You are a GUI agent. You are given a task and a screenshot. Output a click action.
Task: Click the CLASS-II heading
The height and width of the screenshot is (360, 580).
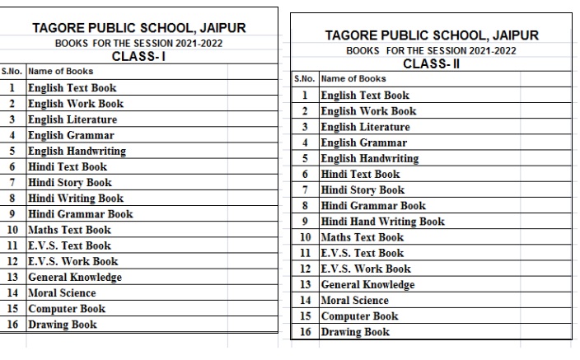click(431, 63)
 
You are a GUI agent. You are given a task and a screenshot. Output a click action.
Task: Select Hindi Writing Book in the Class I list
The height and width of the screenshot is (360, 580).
click(76, 198)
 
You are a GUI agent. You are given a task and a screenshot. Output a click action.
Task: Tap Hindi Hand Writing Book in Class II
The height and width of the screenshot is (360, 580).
click(382, 221)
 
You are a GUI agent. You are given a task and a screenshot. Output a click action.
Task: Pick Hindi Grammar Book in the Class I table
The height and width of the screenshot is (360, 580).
click(80, 213)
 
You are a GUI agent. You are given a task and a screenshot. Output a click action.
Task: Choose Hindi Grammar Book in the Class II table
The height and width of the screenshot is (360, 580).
click(373, 205)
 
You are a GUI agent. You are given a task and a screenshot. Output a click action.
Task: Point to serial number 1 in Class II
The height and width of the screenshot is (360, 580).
click(304, 96)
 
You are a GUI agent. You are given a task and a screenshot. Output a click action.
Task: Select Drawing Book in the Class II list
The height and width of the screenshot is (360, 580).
click(355, 332)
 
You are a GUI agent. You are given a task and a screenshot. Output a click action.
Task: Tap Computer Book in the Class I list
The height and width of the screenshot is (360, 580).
click(67, 309)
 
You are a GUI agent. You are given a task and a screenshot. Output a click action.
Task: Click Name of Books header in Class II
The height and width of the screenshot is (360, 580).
click(353, 79)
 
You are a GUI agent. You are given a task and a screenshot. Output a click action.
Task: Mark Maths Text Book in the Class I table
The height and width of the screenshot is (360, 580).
click(69, 230)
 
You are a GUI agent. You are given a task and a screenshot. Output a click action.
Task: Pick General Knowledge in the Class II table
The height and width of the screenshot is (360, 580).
click(367, 284)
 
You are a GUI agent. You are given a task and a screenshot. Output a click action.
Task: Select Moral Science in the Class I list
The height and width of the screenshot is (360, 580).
click(62, 292)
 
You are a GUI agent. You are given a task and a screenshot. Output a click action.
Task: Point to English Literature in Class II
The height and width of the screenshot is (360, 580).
click(365, 127)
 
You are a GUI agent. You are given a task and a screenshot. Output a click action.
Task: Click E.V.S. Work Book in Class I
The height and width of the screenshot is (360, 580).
click(73, 261)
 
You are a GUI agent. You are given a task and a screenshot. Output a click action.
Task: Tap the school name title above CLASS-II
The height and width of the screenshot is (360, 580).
click(432, 35)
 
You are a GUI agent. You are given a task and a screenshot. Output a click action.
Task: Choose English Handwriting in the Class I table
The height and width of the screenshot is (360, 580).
click(77, 151)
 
